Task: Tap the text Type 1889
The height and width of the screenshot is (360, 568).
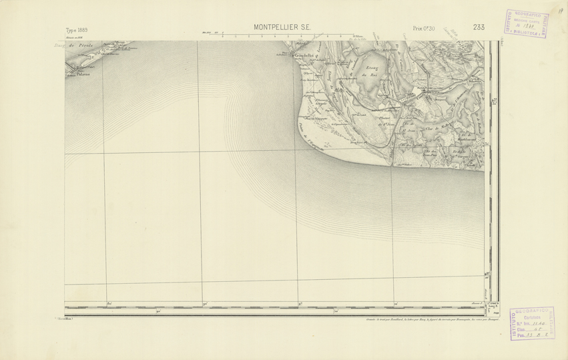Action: [77, 30]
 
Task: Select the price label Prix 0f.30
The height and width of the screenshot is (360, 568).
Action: [423, 28]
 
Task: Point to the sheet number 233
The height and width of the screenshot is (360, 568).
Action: [478, 27]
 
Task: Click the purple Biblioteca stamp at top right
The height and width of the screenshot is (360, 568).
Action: [527, 25]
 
